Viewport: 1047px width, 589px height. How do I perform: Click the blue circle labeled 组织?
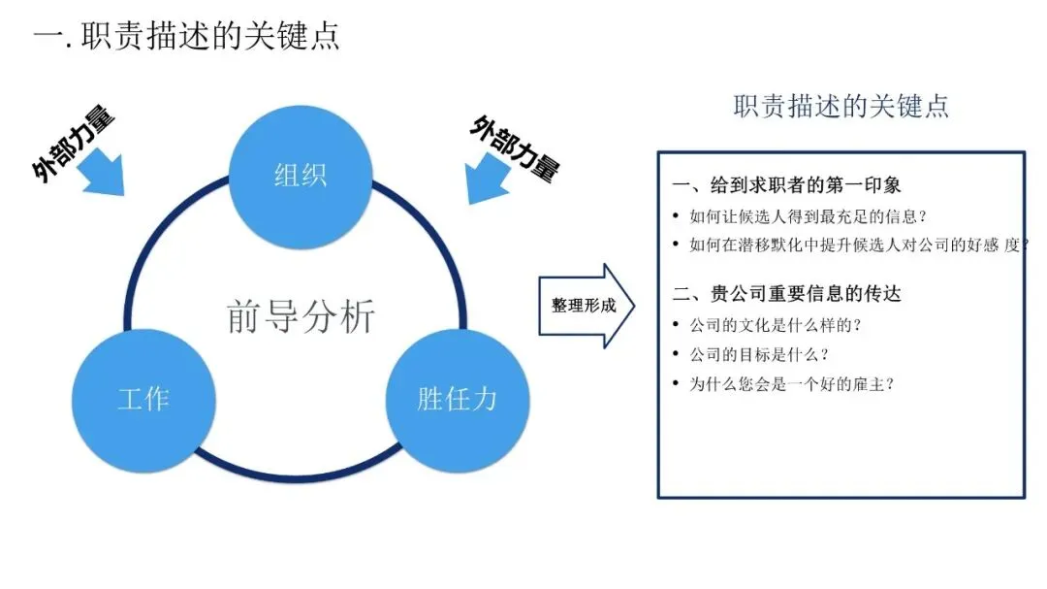301,177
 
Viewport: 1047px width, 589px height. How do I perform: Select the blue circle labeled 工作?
143,398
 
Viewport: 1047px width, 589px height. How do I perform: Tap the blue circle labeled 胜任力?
458,398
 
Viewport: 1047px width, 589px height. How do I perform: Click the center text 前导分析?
301,316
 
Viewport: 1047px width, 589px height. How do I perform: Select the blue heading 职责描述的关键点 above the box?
841,106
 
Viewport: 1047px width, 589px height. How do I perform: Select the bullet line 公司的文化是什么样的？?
776,325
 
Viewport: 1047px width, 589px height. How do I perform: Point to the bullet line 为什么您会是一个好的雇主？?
791,383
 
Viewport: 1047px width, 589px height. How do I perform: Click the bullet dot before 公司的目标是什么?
676,354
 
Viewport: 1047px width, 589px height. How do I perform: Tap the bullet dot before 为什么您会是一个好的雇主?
676,383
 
